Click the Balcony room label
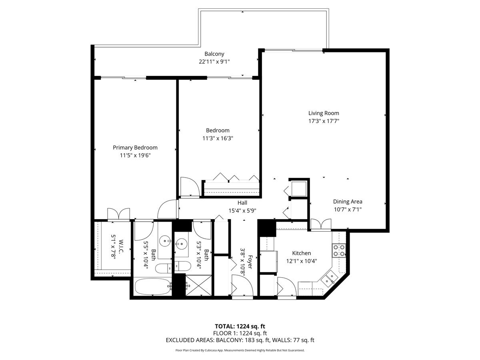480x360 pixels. pyautogui.click(x=214, y=54)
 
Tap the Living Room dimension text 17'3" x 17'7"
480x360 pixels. pyautogui.click(x=323, y=121)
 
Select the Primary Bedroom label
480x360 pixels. pyautogui.click(x=135, y=148)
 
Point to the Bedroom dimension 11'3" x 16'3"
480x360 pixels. pyautogui.click(x=218, y=138)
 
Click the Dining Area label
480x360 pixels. pyautogui.click(x=348, y=202)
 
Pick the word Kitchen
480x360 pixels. pyautogui.click(x=301, y=253)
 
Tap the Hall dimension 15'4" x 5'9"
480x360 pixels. pyautogui.click(x=242, y=210)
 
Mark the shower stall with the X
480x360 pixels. pyautogui.click(x=199, y=286)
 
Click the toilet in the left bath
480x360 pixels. pyautogui.click(x=163, y=268)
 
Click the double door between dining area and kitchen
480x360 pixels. pyautogui.click(x=321, y=225)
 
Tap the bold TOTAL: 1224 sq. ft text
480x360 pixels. pyautogui.click(x=240, y=326)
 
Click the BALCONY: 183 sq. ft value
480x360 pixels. pyautogui.click(x=248, y=340)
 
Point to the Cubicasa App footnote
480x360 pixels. pyautogui.click(x=240, y=350)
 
